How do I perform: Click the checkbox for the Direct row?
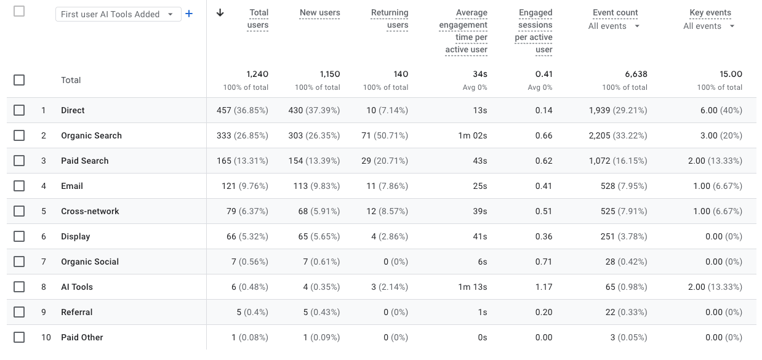(19, 110)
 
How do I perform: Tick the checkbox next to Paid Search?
(19, 161)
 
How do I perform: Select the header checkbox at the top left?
(19, 11)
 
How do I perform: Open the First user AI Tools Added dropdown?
(118, 14)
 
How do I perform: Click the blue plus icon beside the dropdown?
(189, 14)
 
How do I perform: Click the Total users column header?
(259, 18)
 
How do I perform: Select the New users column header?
(319, 12)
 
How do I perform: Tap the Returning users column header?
(390, 18)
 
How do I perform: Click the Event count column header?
(615, 12)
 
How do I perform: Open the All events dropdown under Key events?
(709, 26)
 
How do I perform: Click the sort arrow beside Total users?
(220, 13)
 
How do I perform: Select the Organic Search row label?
(91, 135)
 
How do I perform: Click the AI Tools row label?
(77, 287)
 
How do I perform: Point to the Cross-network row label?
(90, 211)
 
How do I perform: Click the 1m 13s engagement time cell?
(473, 287)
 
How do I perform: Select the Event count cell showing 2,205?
(618, 135)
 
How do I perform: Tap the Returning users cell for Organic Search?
(385, 135)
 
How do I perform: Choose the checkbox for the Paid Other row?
(19, 337)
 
